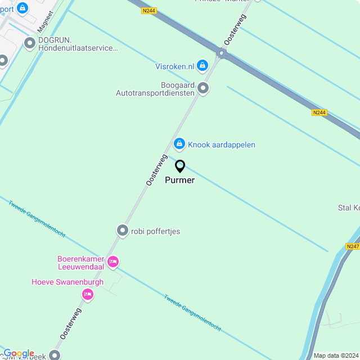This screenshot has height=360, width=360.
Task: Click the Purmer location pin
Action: pos(180,166)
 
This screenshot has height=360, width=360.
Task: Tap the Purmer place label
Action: pos(180,181)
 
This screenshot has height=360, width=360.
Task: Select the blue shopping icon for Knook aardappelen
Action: pos(179,145)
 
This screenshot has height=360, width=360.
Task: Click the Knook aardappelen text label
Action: pos(222,145)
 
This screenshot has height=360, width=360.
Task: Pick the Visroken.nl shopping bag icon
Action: pos(203,66)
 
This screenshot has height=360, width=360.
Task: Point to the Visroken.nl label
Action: pos(175,66)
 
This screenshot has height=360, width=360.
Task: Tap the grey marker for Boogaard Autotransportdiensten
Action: pos(203,88)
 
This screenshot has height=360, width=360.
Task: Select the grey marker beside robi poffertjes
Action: pos(122,231)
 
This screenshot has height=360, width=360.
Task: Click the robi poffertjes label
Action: pos(155,231)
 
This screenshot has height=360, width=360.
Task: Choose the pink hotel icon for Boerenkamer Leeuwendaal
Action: pos(113,262)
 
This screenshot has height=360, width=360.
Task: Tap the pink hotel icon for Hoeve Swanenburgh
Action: pos(87,294)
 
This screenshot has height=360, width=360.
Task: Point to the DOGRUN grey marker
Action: pos(30,43)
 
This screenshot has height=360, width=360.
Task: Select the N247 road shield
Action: pos(353,246)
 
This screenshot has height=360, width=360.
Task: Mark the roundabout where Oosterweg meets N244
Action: pos(221,54)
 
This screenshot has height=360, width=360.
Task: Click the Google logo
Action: pos(19,353)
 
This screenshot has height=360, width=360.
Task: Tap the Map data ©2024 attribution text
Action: pos(335,355)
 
